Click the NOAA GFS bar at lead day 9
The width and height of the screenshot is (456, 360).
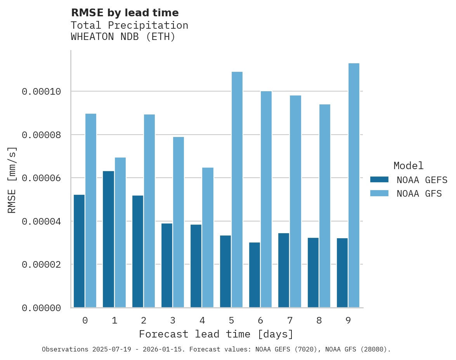pos(354,185)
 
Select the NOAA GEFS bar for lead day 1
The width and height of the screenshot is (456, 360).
pos(108,239)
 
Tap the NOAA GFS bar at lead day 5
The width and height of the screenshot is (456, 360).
pos(237,190)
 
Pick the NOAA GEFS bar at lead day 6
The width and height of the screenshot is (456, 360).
pos(255,275)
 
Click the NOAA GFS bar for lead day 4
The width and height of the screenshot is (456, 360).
pos(208,237)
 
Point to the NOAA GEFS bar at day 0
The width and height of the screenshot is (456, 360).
pos(79,251)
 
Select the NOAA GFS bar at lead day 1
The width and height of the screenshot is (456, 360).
pos(120,232)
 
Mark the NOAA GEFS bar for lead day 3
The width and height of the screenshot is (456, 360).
pos(167,265)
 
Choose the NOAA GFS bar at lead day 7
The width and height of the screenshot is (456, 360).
pos(295,201)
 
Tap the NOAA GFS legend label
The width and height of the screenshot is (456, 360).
pos(419,193)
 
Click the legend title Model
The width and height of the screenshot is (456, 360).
pos(408,166)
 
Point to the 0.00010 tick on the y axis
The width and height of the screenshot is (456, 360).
pos(42,92)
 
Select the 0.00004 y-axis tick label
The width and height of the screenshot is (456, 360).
pos(42,222)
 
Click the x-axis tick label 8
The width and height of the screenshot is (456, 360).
pos(319,320)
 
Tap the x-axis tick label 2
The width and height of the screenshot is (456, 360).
pos(144,320)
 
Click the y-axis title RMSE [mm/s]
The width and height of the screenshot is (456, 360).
pos(12,180)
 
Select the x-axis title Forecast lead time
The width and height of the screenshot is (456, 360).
pos(216,334)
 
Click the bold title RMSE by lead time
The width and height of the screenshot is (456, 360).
pos(125,13)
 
